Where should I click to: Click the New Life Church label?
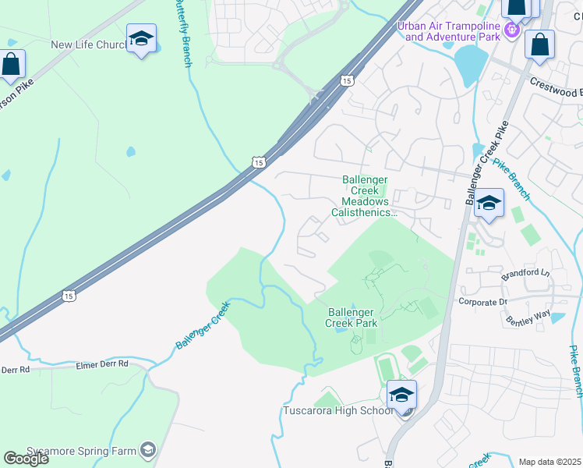(87, 44)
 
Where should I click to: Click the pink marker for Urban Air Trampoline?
(512, 30)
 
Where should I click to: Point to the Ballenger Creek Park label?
(351, 316)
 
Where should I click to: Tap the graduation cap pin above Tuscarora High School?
(401, 395)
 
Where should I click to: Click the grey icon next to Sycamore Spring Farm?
(148, 449)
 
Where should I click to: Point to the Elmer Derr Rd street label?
(101, 364)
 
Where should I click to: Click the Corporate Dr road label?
(482, 301)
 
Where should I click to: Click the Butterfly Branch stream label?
(185, 35)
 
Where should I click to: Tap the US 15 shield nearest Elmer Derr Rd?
(69, 296)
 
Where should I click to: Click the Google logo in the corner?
(25, 458)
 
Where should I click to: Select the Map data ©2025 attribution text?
(550, 462)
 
